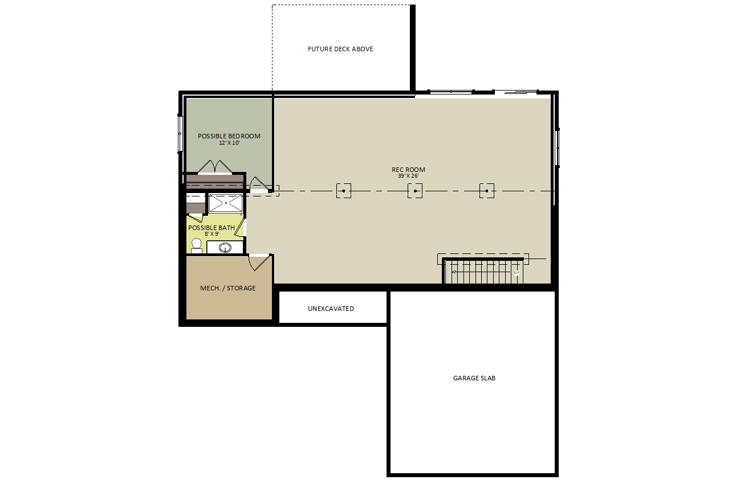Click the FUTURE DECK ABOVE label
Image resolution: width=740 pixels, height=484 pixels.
tap(340, 49)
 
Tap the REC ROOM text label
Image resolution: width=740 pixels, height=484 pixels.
tap(408, 170)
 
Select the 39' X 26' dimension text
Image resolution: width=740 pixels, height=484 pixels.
tap(408, 176)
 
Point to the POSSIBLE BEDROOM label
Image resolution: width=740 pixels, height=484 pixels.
tap(229, 136)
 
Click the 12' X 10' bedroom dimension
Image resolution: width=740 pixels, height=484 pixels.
tap(229, 143)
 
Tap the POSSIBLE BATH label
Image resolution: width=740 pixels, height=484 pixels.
tap(212, 228)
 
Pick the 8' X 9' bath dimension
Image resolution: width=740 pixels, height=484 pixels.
tap(212, 234)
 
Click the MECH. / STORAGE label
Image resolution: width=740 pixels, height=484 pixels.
tap(228, 288)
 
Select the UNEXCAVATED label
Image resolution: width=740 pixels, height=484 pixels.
tap(331, 309)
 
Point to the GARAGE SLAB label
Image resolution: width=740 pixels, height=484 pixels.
tap(474, 378)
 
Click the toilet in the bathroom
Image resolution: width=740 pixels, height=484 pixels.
tap(197, 246)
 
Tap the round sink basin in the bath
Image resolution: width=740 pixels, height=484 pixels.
tap(225, 248)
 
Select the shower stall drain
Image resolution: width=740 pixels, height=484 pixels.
tap(226, 203)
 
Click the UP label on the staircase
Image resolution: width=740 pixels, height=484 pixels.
tap(517, 273)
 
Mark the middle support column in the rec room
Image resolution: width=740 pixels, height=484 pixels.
tap(415, 191)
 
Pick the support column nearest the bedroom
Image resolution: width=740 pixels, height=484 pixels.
tap(344, 191)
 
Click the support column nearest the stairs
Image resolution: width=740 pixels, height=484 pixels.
tap(487, 191)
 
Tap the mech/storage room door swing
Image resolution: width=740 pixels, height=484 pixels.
tap(259, 263)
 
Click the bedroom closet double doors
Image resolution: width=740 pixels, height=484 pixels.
tap(215, 167)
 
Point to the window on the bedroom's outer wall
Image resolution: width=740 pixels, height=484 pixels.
tap(180, 134)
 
